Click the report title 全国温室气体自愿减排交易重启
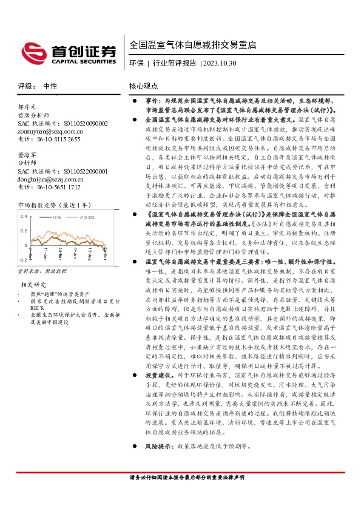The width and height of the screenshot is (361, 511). coord(192,45)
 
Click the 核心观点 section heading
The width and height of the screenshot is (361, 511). coord(144,86)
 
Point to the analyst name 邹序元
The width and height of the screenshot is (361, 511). coord(28,106)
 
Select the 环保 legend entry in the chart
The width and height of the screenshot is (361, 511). coord(57,217)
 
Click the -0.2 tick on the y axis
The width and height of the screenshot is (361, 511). coord(22,259)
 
